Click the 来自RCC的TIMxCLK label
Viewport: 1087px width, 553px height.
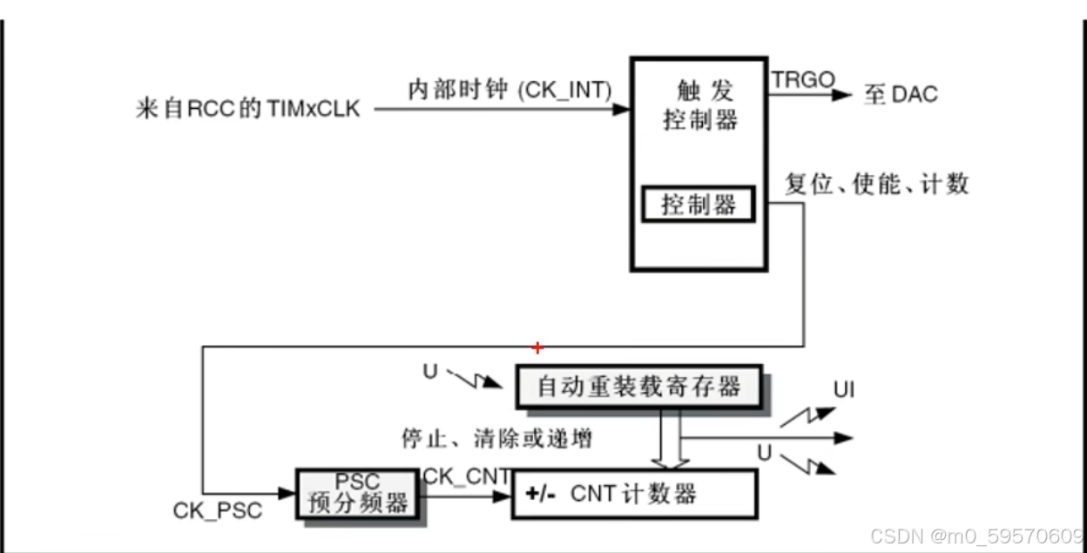click(x=248, y=110)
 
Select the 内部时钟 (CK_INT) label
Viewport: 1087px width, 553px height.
click(x=510, y=90)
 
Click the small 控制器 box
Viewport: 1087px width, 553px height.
click(x=699, y=206)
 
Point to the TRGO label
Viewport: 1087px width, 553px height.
click(x=802, y=80)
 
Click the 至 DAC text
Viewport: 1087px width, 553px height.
click(x=901, y=94)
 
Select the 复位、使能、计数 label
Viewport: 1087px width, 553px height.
click(x=876, y=184)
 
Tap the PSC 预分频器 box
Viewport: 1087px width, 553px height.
click(x=357, y=494)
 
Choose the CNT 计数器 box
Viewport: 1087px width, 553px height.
click(x=633, y=494)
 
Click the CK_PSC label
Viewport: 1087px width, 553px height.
click(x=217, y=510)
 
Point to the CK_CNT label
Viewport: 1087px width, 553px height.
click(x=466, y=477)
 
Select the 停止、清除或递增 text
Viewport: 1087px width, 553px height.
click(x=496, y=438)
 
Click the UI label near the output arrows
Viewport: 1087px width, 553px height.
click(x=843, y=389)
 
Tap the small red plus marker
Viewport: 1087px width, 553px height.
click(x=537, y=348)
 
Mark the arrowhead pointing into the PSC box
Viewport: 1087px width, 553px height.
click(x=287, y=494)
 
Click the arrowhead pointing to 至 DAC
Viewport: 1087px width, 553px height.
click(x=842, y=94)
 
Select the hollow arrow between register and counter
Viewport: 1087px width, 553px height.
click(x=672, y=440)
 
